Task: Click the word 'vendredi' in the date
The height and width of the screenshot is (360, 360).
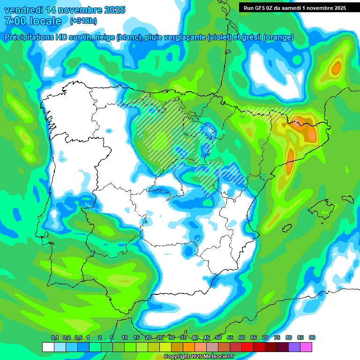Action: [x=23, y=10]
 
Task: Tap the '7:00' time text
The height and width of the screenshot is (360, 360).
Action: [x=15, y=21]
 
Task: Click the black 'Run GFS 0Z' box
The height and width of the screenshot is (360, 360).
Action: [x=292, y=7]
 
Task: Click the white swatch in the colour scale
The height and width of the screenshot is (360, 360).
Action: [x=48, y=347]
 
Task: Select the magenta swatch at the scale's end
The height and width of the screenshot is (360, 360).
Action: [x=306, y=347]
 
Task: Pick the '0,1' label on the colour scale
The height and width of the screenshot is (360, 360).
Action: [x=54, y=338]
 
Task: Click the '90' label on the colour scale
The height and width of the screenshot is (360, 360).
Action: [x=312, y=338]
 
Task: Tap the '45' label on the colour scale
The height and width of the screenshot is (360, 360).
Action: [x=207, y=338]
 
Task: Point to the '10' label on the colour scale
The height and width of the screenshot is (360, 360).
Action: [x=125, y=338]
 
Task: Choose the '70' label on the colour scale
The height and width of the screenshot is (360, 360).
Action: [x=265, y=338]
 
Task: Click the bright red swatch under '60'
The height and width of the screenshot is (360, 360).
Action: [x=247, y=347]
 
